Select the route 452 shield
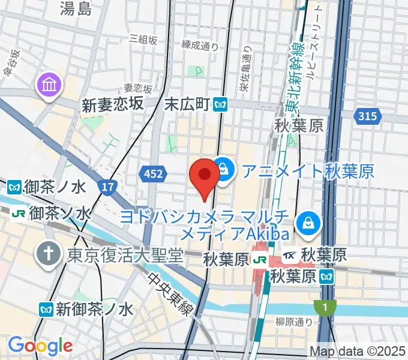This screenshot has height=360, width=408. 152,174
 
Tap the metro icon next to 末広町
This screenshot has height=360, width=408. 221,105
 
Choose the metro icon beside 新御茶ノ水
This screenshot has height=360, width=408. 46,310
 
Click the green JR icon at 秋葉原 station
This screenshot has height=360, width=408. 260,260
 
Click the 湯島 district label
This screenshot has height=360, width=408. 76,8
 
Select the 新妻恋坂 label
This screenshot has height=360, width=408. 113,105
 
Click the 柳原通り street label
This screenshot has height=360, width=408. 294,322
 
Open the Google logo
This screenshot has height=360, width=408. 40,346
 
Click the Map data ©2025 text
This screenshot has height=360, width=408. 357,352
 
